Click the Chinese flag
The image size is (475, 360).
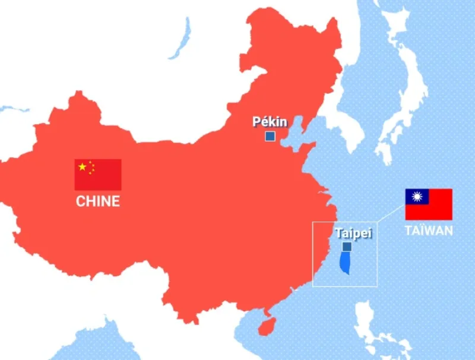98,174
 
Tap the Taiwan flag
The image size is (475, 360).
429,204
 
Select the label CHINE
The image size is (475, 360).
98,201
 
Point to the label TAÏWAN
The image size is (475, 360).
429,230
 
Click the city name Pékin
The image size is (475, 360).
270,122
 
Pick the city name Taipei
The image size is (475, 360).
353,233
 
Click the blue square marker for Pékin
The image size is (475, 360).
270,137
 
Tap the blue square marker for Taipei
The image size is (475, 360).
347,247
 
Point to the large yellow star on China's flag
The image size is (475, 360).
82,167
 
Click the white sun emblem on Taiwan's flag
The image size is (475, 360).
417,197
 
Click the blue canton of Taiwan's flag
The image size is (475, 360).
417,197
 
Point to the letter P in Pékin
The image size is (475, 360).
256,122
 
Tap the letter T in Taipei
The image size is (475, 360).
338,233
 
